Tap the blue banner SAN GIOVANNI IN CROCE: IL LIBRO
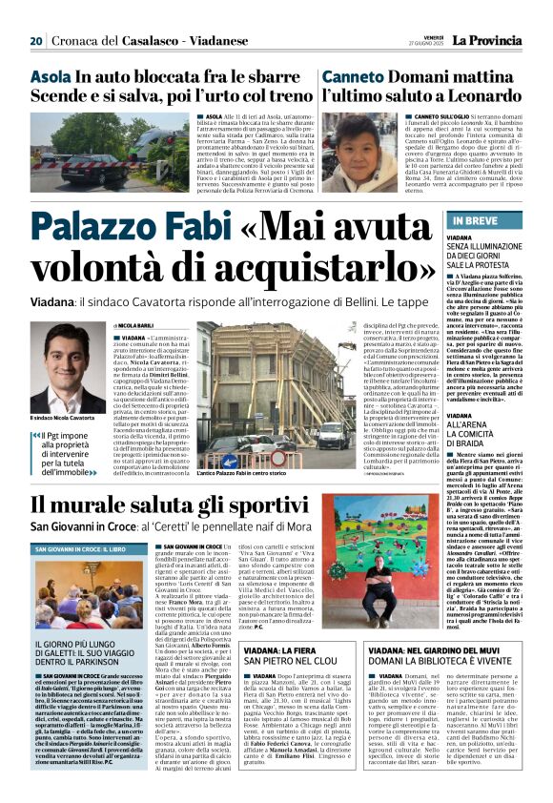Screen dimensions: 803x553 (x=81, y=549)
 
